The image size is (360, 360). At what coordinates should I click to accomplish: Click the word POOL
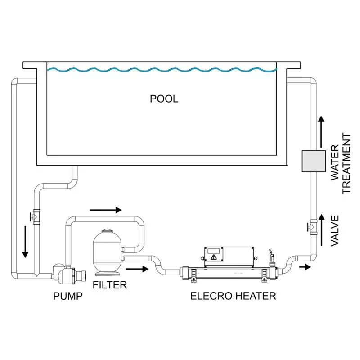point(164,99)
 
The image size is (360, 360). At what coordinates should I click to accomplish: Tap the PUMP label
point(68,296)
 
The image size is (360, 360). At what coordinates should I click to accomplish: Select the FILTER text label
point(110,284)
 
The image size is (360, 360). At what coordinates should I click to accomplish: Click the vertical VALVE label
point(335,230)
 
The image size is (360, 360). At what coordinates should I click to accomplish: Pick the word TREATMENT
point(346,163)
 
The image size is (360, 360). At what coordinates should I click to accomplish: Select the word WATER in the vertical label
point(335,163)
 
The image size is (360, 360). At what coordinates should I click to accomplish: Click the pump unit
point(66,272)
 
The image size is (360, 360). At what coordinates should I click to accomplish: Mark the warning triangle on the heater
point(213,257)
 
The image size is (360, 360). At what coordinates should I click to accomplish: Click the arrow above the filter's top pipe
point(106,210)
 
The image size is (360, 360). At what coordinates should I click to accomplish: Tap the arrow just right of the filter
point(138,270)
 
